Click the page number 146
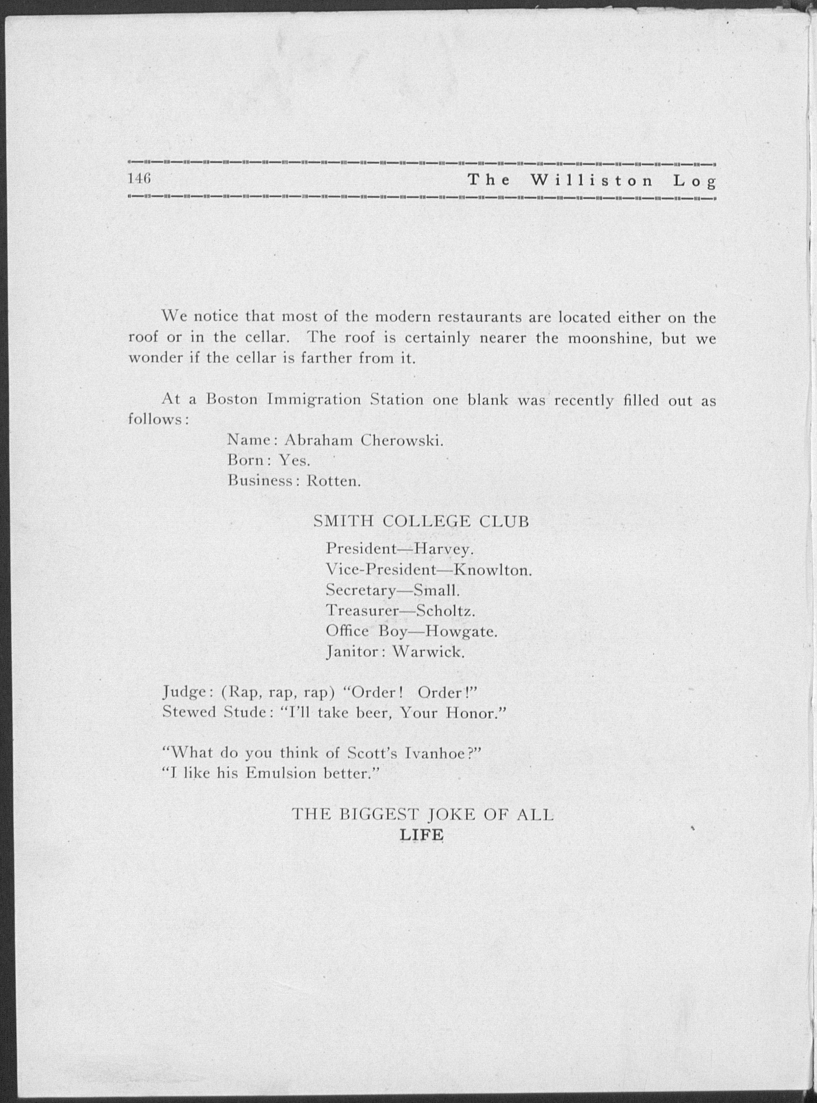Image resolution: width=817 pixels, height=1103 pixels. (139, 179)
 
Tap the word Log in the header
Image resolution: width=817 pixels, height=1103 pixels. (694, 181)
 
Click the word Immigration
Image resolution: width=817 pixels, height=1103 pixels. (314, 399)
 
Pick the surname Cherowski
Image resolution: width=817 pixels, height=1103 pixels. (402, 440)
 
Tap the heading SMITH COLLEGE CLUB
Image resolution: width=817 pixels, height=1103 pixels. (421, 522)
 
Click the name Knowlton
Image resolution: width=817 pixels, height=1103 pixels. (492, 570)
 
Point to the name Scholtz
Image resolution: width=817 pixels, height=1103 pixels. (445, 611)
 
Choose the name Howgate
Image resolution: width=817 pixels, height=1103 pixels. (461, 632)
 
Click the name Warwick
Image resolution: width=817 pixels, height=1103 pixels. (428, 652)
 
